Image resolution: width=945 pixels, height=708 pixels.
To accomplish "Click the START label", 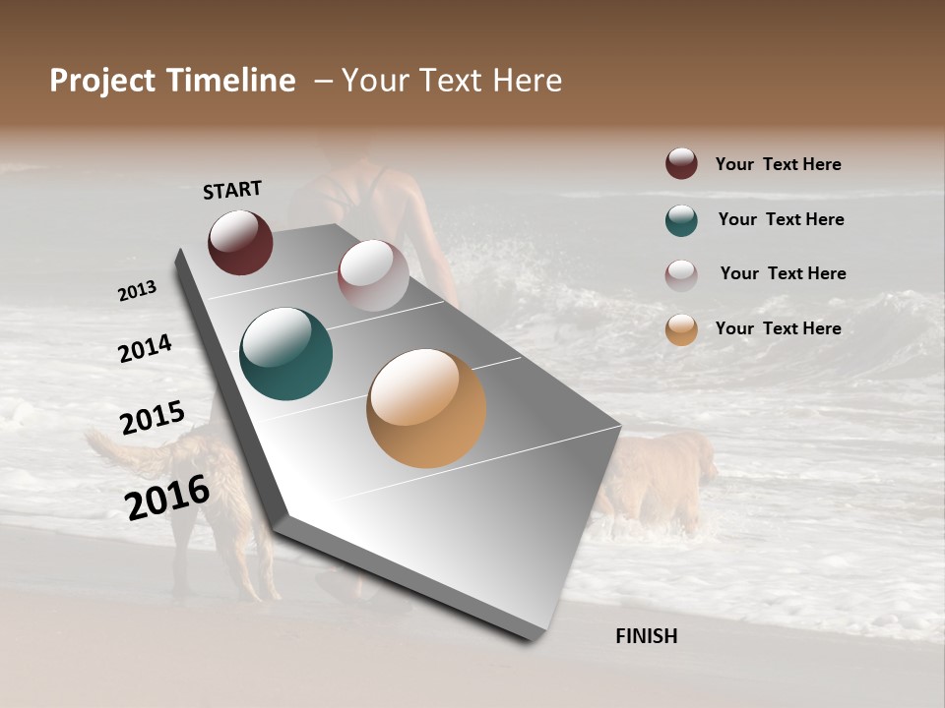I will point(232,190).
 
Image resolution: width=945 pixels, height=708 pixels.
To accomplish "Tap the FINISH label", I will point(646,636).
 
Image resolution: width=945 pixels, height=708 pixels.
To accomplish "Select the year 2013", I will point(137,291).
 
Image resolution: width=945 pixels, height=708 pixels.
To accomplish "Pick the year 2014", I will point(145,349).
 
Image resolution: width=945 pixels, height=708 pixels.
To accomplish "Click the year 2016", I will point(167,498).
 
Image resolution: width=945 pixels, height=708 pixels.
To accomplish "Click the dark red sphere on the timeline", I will point(240,242).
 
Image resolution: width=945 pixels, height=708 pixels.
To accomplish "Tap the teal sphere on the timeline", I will point(285,354).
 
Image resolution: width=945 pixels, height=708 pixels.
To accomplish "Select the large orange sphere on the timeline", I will point(426,408).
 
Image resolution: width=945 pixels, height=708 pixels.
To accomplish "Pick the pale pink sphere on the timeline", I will point(373,275).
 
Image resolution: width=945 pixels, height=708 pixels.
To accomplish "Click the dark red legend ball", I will point(681,164).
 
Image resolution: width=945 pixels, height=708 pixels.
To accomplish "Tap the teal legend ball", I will point(681,220).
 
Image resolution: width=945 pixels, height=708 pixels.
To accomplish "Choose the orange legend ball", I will point(681,329).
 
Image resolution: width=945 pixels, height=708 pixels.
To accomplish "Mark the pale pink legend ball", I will point(681,274).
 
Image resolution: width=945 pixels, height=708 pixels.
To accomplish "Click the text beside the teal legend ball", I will point(781,219).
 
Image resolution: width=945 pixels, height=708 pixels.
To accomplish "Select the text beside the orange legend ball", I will point(778,328).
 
